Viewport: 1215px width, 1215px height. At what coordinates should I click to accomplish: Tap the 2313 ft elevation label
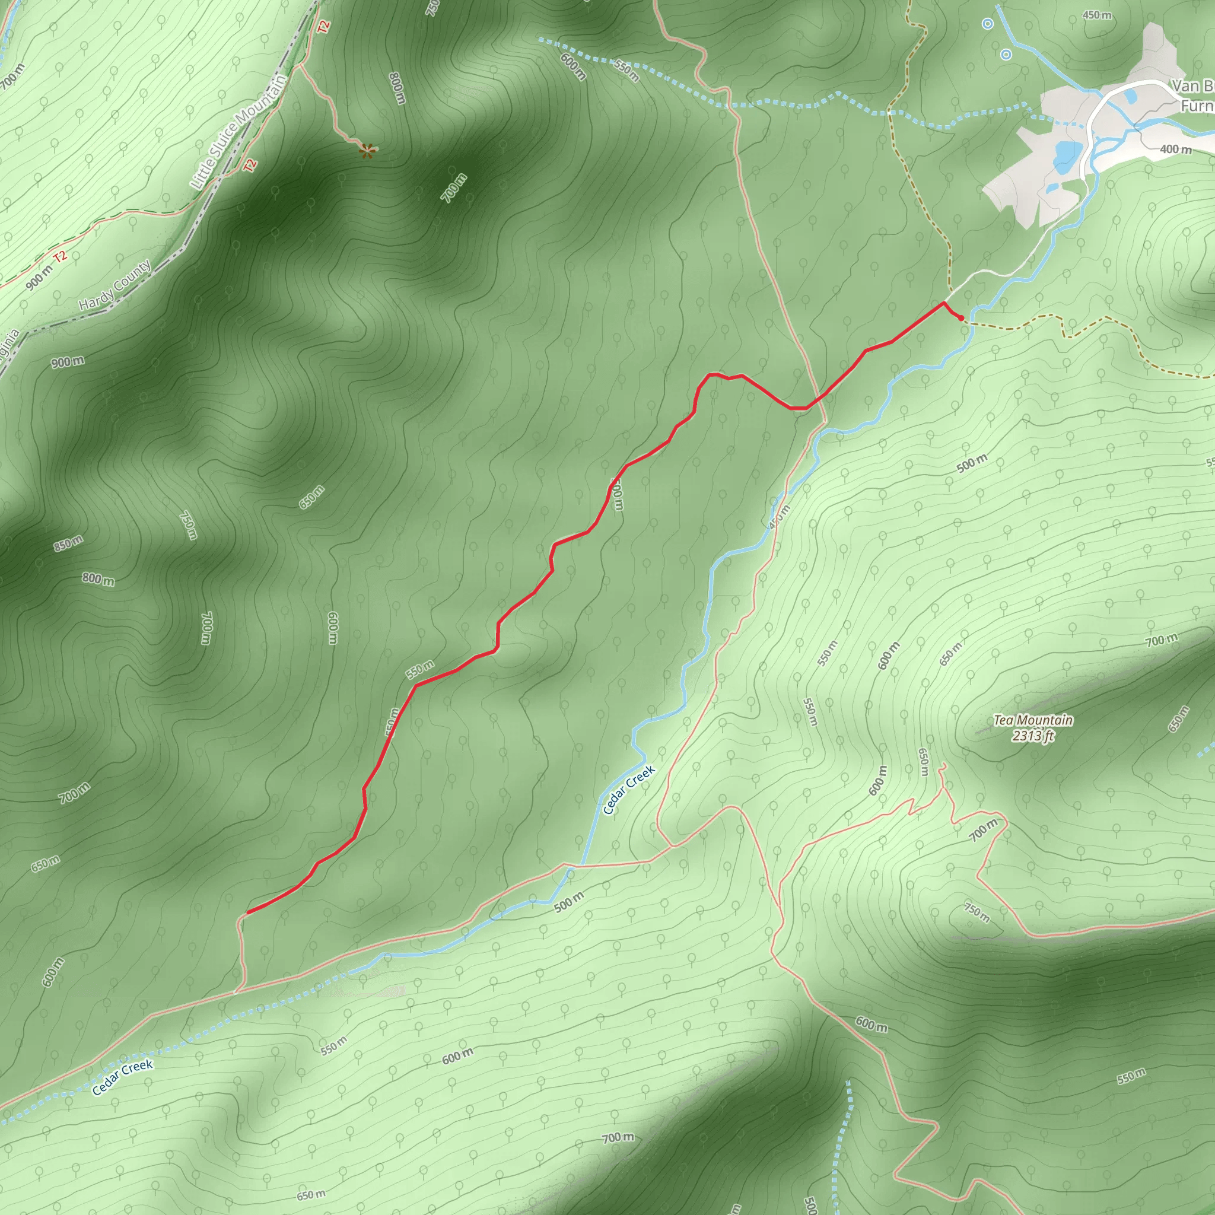(x=1033, y=735)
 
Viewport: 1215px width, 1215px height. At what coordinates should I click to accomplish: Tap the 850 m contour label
(x=68, y=543)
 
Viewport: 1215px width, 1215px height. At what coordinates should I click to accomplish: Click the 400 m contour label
(x=1175, y=149)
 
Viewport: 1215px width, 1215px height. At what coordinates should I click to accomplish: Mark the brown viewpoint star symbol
(x=367, y=150)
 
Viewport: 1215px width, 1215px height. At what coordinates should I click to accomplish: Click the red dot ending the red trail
(x=961, y=317)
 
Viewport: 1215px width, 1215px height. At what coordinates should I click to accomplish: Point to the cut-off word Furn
(x=1196, y=106)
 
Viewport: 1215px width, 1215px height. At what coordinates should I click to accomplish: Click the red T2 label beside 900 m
(x=60, y=256)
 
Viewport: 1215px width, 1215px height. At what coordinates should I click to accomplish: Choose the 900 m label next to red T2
(x=39, y=277)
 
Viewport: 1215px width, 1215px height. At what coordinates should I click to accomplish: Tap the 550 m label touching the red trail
(x=419, y=670)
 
